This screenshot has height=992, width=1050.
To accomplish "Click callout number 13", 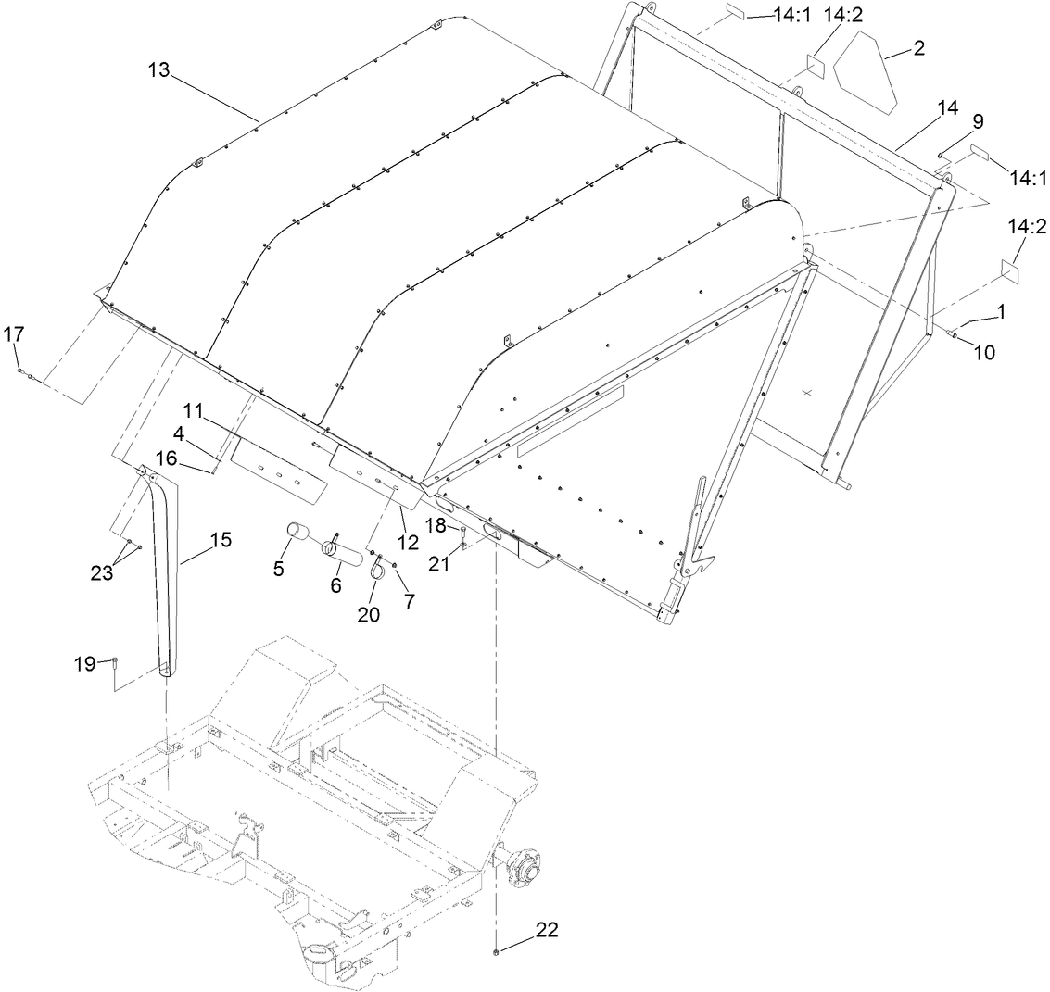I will point(158,71).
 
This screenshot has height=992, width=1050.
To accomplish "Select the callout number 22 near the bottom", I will point(546,931).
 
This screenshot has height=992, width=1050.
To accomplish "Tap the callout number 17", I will point(12,333).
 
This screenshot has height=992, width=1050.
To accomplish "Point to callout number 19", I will point(84,663).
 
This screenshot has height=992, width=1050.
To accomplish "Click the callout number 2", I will point(918,48).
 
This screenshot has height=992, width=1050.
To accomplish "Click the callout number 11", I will point(192,410).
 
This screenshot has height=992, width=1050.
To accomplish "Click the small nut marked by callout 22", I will point(498,951).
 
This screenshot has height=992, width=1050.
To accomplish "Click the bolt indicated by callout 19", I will point(114,661).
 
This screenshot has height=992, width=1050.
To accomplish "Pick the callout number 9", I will point(952,121).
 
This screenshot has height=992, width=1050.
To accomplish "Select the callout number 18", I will point(435,526).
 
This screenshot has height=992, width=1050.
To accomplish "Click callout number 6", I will point(335,584).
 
